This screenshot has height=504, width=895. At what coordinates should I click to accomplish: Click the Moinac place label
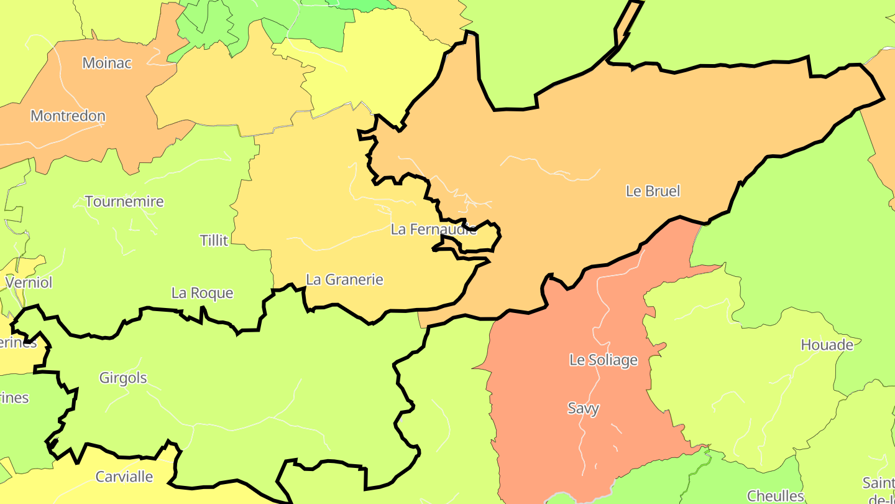coord(107,63)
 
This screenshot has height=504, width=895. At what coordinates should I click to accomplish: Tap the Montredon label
coord(68,116)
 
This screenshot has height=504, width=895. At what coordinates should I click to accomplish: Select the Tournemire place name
coord(124,202)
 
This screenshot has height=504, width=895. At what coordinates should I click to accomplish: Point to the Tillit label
coord(214,240)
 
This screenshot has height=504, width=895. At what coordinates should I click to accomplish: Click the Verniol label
coord(29,282)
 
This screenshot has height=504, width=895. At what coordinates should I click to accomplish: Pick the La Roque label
coord(202,293)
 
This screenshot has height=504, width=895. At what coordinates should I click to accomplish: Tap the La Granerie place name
coord(344,280)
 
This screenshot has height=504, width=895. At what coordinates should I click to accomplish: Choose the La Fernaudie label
coord(433,229)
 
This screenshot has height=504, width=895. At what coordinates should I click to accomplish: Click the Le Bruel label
coord(653,191)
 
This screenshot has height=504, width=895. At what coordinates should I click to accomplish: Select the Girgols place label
coord(123,378)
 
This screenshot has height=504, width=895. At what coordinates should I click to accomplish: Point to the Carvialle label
coord(124,477)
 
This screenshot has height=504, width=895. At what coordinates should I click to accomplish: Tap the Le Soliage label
coord(603,360)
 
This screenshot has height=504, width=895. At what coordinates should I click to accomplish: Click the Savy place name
coord(583,408)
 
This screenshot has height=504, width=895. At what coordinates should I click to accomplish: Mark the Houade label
coord(827,345)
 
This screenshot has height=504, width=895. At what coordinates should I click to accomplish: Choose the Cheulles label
coord(775,496)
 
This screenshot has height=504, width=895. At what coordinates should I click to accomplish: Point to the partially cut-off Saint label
coord(878,483)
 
